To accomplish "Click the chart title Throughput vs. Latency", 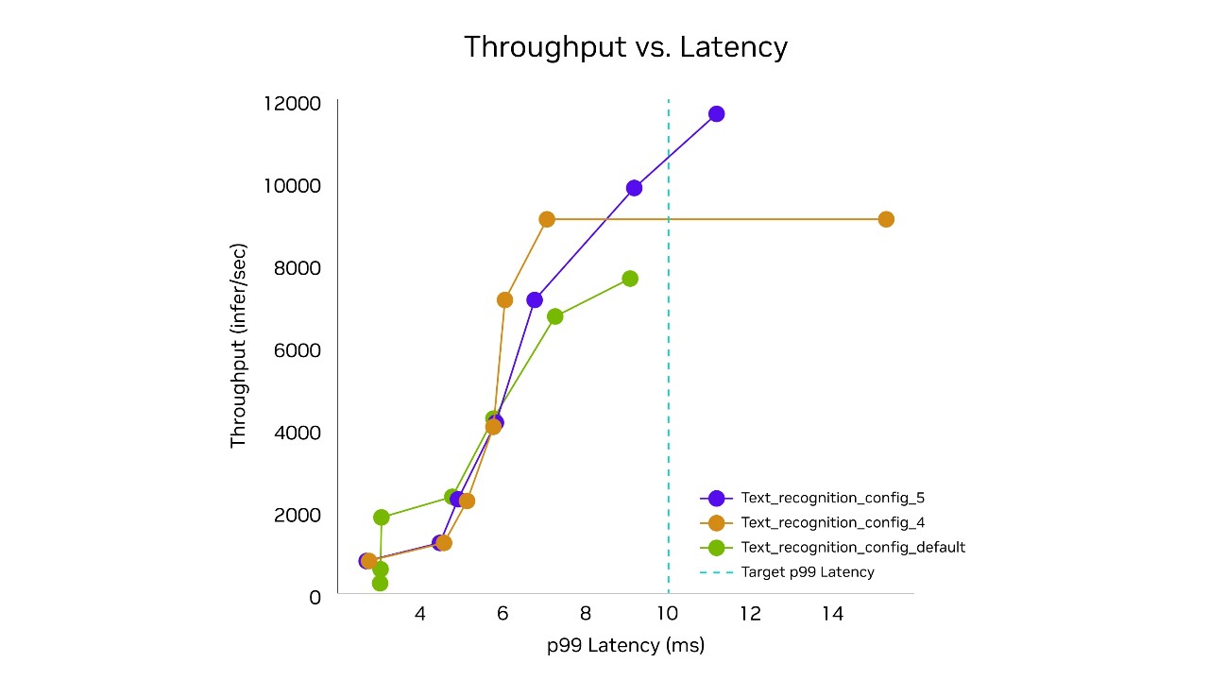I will (625, 46).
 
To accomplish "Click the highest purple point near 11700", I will (716, 114).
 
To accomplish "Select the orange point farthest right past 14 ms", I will (886, 219).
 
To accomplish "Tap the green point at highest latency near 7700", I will (630, 279).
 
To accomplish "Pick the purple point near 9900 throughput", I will (634, 188).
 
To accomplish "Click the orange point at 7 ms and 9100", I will (547, 219).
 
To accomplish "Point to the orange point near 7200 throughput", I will (504, 299).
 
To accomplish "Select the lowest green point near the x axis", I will (380, 583).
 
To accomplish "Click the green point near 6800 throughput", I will (555, 316).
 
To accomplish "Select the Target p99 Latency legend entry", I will (807, 571).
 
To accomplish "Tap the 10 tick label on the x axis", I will (668, 614).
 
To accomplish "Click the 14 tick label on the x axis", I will (832, 614).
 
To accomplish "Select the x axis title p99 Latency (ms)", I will (625, 646).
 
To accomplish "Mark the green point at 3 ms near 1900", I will (382, 517).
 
